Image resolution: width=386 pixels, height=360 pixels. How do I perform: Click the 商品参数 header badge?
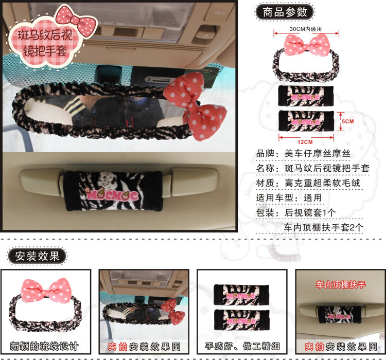point(285,12)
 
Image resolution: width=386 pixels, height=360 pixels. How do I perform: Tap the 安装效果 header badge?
point(37,256)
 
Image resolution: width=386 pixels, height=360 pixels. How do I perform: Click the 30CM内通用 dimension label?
point(306,29)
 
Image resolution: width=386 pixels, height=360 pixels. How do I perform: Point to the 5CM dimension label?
point(348,121)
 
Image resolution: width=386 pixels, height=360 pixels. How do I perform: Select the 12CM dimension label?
point(305,142)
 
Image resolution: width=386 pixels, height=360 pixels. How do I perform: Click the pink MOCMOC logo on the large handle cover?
point(112,195)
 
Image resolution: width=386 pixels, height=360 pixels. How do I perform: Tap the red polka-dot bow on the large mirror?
point(195,106)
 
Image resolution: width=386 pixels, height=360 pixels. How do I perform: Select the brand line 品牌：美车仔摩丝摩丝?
point(303,154)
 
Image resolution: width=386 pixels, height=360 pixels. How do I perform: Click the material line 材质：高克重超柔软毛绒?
point(308,183)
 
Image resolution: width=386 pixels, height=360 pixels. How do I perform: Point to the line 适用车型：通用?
point(289,198)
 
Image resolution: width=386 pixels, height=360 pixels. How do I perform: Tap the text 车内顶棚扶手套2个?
point(323,227)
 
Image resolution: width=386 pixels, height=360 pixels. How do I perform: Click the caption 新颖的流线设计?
point(44,346)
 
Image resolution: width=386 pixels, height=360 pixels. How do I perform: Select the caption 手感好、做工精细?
point(242,346)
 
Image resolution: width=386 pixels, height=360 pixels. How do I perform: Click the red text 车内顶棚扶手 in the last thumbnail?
point(341,285)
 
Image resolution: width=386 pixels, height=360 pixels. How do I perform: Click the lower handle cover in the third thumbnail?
point(241,320)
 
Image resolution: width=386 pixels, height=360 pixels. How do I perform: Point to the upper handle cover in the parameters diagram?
point(306,96)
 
